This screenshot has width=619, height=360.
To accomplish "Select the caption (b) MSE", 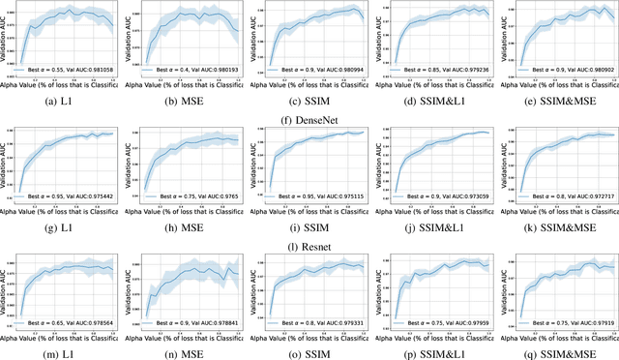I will [x=185, y=100].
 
